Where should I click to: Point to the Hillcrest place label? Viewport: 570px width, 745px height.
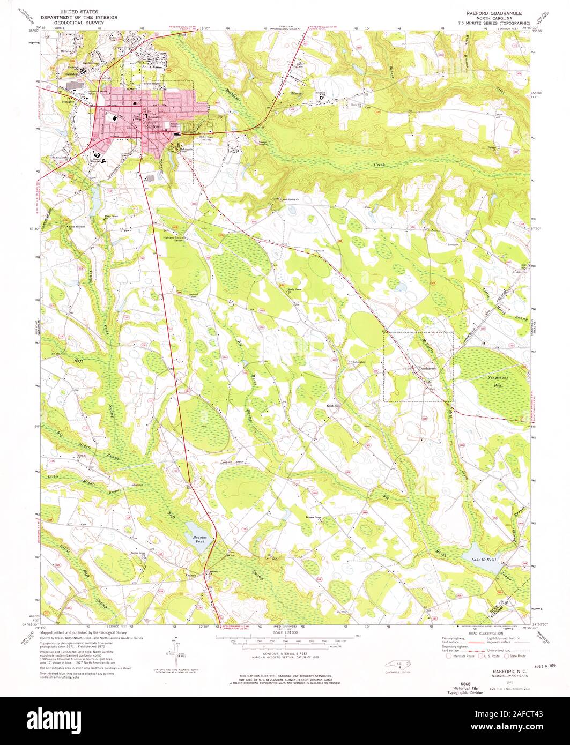click(297, 93)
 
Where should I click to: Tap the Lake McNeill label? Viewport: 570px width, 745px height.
click(484, 560)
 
